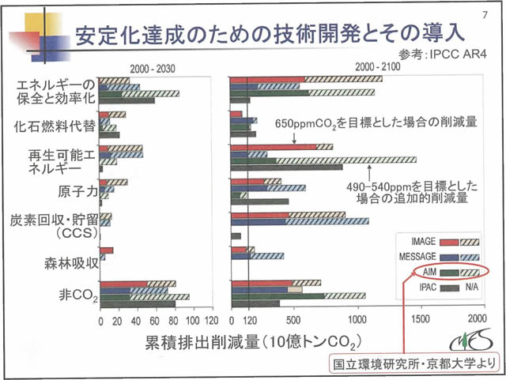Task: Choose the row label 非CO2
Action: [x=77, y=297]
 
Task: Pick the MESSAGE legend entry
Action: [x=413, y=257]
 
